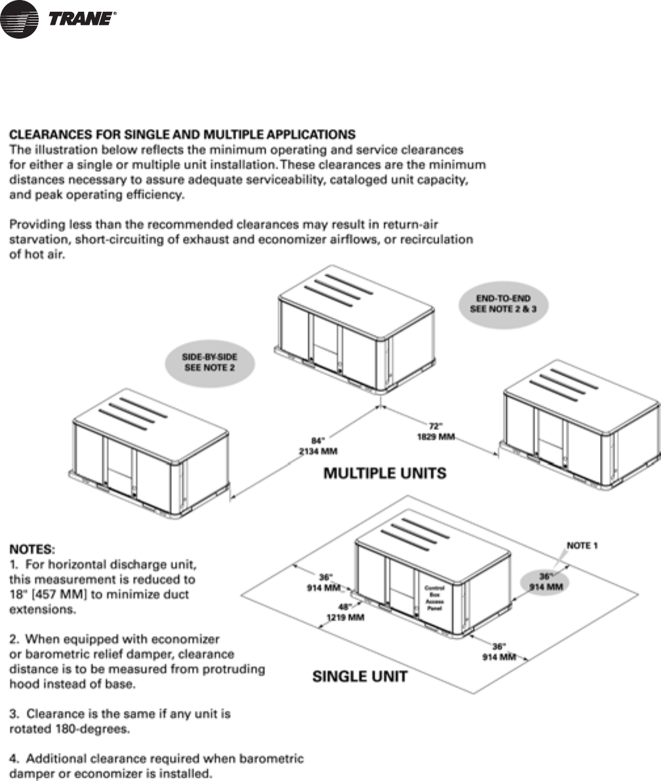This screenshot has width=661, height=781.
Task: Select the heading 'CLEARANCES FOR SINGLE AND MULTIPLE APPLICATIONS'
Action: point(182,135)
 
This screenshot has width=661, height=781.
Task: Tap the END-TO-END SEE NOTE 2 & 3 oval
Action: point(502,303)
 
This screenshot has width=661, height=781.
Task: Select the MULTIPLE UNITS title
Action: point(385,473)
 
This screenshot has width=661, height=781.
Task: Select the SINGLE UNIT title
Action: point(359,676)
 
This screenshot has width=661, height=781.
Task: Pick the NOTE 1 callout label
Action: point(582,545)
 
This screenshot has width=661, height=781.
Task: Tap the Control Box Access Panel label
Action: point(435,597)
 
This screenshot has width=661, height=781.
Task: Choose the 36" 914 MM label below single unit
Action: point(499,651)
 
